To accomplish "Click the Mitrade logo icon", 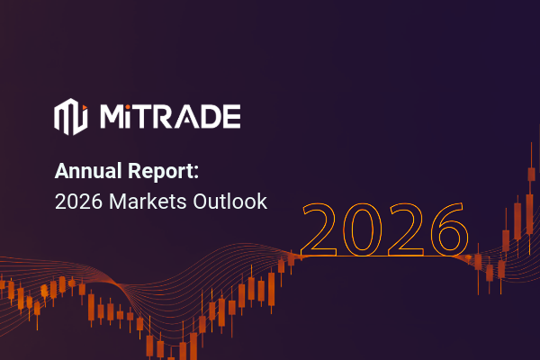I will point(70,117).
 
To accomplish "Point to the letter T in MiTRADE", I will point(148,117).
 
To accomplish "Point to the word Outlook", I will point(230,201).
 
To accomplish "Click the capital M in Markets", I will point(117,201).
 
